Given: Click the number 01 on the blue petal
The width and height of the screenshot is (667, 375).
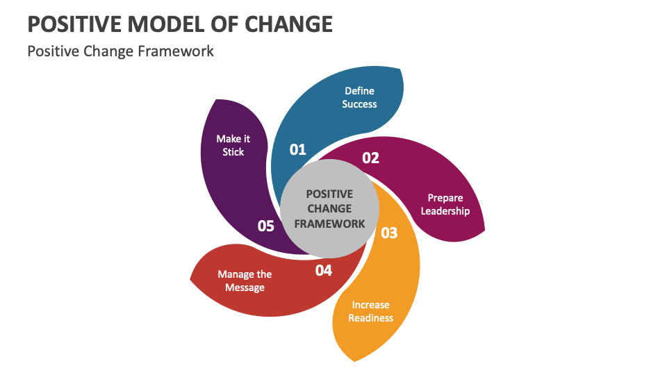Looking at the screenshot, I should [x=297, y=149].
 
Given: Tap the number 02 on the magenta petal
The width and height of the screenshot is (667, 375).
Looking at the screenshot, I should [x=371, y=158].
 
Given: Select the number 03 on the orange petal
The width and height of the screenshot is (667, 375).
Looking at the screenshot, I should [x=389, y=233].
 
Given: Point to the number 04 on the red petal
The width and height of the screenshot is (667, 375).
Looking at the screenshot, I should [x=324, y=270].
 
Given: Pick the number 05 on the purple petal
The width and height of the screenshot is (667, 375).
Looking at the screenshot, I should [x=266, y=226].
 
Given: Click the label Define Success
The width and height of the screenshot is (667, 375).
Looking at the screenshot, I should [x=359, y=97].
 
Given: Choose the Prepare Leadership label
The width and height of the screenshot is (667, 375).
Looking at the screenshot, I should [x=445, y=204].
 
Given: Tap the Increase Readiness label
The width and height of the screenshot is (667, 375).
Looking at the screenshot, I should [x=370, y=311].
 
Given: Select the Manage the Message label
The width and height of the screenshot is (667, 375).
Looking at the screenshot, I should [x=245, y=281].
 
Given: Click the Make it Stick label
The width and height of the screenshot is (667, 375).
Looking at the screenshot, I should [x=233, y=145].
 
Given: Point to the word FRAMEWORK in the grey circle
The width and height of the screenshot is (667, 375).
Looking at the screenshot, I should [x=329, y=224].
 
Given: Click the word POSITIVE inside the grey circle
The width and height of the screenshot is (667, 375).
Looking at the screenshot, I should [x=329, y=194].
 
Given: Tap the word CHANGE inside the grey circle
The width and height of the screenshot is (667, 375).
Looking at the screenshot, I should [x=329, y=208].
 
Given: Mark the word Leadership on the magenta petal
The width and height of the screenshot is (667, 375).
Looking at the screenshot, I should [x=445, y=211].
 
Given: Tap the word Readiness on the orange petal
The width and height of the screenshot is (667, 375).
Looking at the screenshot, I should [x=370, y=318].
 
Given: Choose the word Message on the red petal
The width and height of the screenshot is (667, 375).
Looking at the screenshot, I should [x=245, y=287].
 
